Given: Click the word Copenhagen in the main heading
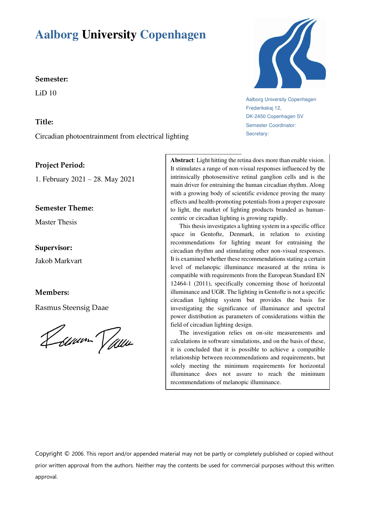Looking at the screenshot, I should point(173,35).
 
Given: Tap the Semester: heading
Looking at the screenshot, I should point(52,79).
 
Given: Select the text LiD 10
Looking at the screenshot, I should point(46,93).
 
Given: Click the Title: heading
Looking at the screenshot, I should point(44,122).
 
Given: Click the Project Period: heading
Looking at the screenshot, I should point(60,165).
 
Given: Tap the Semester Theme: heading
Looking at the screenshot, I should point(64,208).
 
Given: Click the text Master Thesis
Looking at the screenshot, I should point(56,222).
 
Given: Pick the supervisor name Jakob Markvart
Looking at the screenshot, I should point(58,261).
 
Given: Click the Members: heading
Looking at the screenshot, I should point(52,292).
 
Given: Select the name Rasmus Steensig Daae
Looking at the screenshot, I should point(72,308).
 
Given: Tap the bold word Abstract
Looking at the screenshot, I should point(182,160).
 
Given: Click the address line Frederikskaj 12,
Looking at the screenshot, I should point(264,108).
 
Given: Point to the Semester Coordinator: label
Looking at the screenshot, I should point(271,125).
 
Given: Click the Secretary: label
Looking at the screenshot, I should point(257,134).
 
